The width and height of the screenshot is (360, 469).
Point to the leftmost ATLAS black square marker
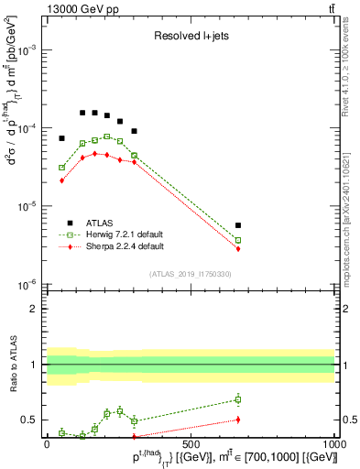pyautogui.click(x=61, y=138)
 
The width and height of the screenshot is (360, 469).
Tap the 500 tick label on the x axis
pyautogui.click(x=191, y=442)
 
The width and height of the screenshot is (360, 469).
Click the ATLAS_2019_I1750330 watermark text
pyautogui.click(x=190, y=274)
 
